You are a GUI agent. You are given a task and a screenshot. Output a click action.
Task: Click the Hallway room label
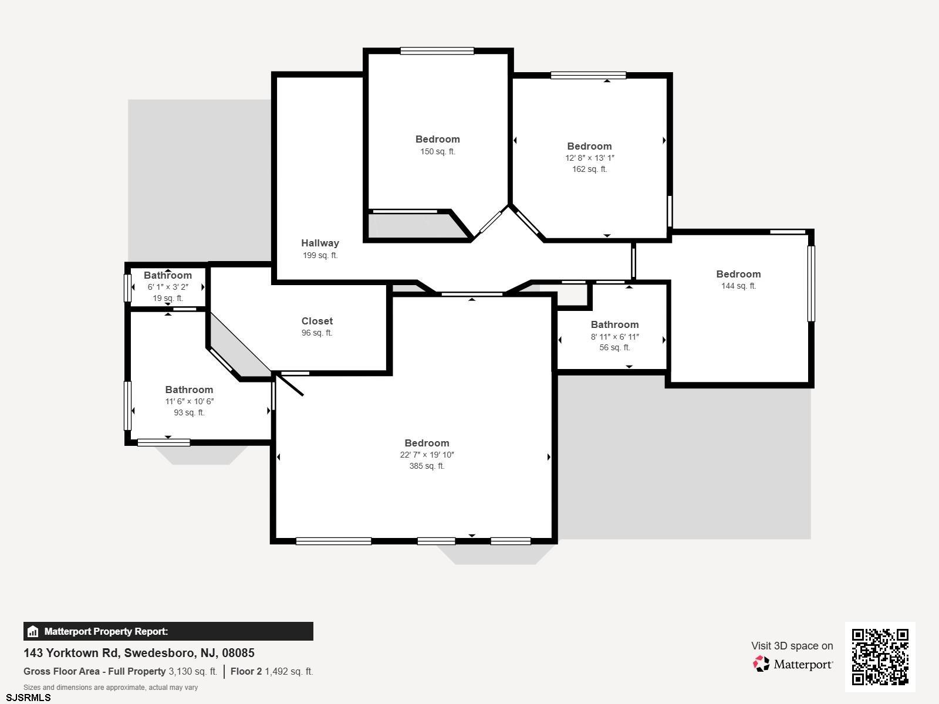pyautogui.click(x=320, y=243)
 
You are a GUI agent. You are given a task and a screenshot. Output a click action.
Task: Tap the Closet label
pyautogui.click(x=317, y=321)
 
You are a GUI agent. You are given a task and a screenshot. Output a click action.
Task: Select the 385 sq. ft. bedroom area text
pyautogui.click(x=427, y=466)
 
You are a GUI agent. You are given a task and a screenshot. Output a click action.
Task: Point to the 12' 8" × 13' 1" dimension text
pyautogui.click(x=589, y=158)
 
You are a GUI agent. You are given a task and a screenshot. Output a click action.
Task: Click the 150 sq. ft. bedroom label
pyautogui.click(x=438, y=140)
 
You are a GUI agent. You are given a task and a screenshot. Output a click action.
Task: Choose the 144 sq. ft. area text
pyautogui.click(x=739, y=286)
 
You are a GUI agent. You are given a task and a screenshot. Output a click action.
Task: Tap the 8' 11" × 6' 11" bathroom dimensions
pyautogui.click(x=614, y=337)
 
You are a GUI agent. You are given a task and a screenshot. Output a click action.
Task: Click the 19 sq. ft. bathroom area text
pyautogui.click(x=168, y=299)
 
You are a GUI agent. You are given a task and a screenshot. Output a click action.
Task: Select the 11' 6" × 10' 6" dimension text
pyautogui.click(x=190, y=401)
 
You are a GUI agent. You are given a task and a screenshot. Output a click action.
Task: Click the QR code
pyautogui.click(x=880, y=656)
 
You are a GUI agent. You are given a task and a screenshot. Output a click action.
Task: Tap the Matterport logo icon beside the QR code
pyautogui.click(x=761, y=664)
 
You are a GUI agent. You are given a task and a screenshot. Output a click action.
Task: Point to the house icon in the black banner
pyautogui.click(x=32, y=631)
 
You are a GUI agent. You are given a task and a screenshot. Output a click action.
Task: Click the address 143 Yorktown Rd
pyautogui.click(x=73, y=653)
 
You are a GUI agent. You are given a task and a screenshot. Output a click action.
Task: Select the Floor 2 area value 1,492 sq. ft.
pyautogui.click(x=289, y=672)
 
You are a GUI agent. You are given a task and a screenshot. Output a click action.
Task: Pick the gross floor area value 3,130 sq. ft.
pyautogui.click(x=193, y=672)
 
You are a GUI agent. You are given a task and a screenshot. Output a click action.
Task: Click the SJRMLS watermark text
pyautogui.click(x=28, y=698)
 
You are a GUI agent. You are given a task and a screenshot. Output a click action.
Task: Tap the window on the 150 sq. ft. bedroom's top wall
pyautogui.click(x=437, y=51)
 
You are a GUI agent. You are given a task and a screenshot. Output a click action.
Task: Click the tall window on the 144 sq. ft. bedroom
pyautogui.click(x=810, y=283)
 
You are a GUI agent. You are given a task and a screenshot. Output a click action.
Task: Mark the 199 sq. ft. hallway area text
pyautogui.click(x=320, y=256)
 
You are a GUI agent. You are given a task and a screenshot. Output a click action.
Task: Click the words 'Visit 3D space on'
pyautogui.click(x=792, y=646)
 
